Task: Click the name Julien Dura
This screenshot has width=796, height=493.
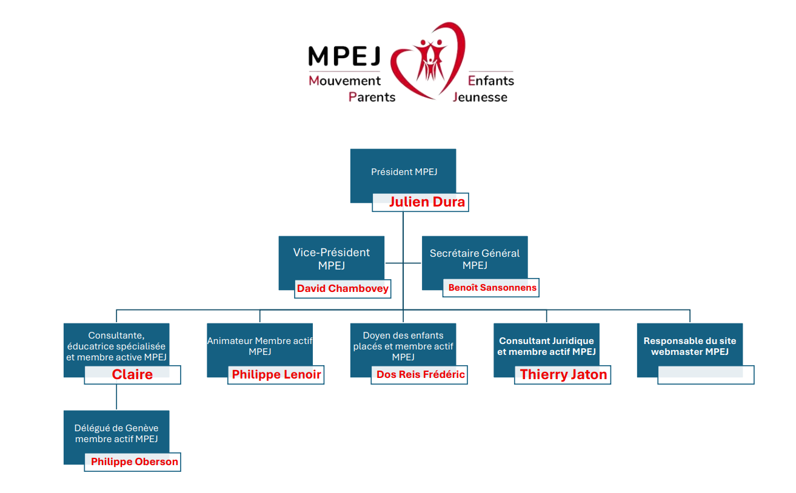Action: [x=427, y=202]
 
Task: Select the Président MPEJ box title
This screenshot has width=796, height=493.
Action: [x=404, y=172]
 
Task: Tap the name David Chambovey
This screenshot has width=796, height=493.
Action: [x=343, y=288]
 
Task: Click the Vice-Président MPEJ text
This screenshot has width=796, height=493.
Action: [x=331, y=259]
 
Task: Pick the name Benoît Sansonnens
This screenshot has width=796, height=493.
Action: [x=492, y=287]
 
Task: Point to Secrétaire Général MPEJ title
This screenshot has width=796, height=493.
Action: [x=475, y=259]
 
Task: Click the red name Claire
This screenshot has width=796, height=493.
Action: [x=132, y=374]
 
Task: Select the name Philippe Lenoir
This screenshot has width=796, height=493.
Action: [x=276, y=374]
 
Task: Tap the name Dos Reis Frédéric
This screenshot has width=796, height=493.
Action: [x=421, y=374]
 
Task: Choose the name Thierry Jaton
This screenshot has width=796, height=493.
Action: [x=563, y=374]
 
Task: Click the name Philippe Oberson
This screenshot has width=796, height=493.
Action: [x=135, y=462]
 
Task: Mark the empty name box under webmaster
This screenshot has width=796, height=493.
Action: [x=706, y=375]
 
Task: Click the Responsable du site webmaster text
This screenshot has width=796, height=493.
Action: [x=690, y=346]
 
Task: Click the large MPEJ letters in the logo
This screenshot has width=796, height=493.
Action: [x=344, y=56]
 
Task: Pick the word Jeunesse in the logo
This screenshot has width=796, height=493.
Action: [x=480, y=97]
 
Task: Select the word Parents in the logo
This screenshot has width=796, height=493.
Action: [x=372, y=97]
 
